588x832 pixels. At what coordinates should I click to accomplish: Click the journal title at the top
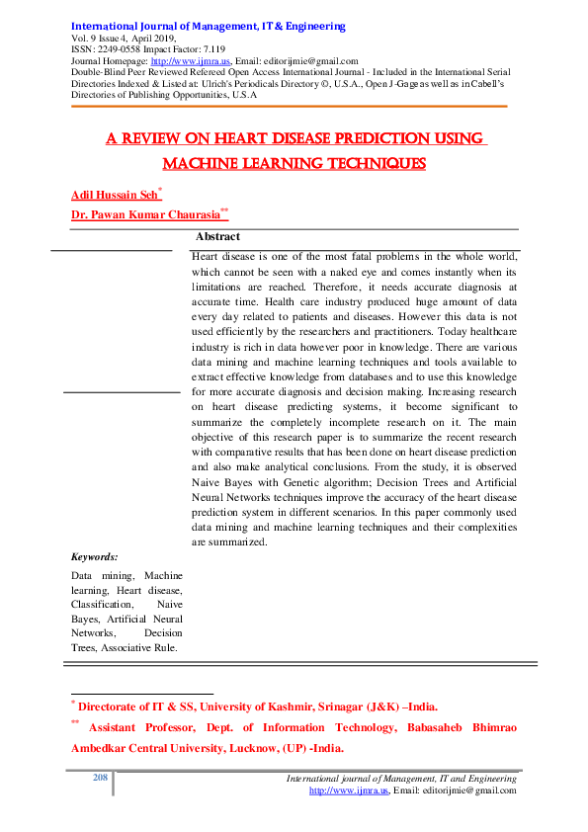[x=209, y=26]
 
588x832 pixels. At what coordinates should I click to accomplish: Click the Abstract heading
[x=217, y=237]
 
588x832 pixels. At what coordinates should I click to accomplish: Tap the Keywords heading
[x=95, y=557]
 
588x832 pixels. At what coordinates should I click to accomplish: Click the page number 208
[x=99, y=778]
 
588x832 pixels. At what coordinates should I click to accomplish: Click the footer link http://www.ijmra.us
[x=350, y=790]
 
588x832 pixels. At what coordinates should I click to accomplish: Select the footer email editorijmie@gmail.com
[x=467, y=790]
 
